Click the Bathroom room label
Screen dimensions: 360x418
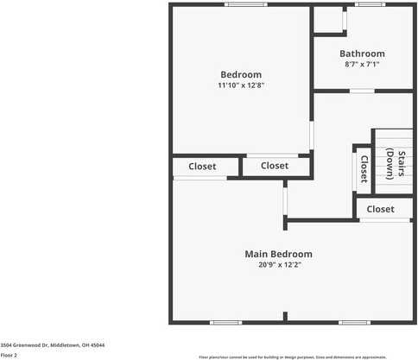(362, 54)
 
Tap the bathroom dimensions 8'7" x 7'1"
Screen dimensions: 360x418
(362, 64)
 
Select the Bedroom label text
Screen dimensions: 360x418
(240, 74)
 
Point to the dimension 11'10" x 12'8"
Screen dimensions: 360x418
(240, 85)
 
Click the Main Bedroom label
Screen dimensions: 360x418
(278, 254)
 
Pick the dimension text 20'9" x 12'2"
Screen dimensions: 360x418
(278, 265)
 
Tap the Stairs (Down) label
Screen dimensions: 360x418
(396, 164)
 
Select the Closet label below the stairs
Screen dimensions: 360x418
(380, 209)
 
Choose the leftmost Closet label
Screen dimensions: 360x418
(202, 166)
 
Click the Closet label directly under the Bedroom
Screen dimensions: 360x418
(274, 166)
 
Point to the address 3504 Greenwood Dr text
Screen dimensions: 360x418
(53, 344)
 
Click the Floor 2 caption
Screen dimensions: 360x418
(9, 354)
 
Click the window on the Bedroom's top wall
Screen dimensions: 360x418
(246, 5)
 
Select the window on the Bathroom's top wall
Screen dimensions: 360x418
(370, 5)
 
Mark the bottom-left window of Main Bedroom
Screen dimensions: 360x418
(225, 323)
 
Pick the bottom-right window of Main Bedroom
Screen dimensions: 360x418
(353, 323)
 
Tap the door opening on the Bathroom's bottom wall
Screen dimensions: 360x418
(362, 90)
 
